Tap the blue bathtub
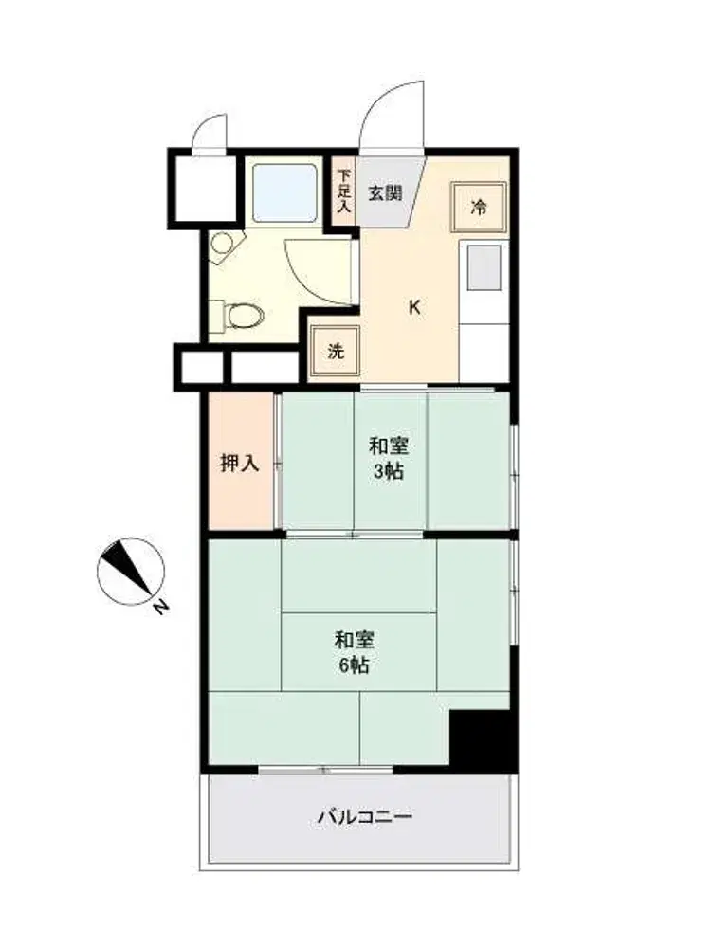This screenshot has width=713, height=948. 284,192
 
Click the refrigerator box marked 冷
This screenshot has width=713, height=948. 479,208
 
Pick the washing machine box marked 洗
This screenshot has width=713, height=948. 335,351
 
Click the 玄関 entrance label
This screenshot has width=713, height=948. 385,194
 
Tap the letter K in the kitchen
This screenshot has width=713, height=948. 414,307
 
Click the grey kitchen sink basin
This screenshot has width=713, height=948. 484,267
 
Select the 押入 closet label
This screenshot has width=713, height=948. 240,464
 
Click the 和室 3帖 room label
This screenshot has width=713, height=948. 388,459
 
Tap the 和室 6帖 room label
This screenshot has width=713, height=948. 355,652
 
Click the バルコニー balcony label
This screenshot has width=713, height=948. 365,817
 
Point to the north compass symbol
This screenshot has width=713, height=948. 131,571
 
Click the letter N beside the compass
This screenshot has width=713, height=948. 159,608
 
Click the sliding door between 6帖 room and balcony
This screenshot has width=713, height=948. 326,770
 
